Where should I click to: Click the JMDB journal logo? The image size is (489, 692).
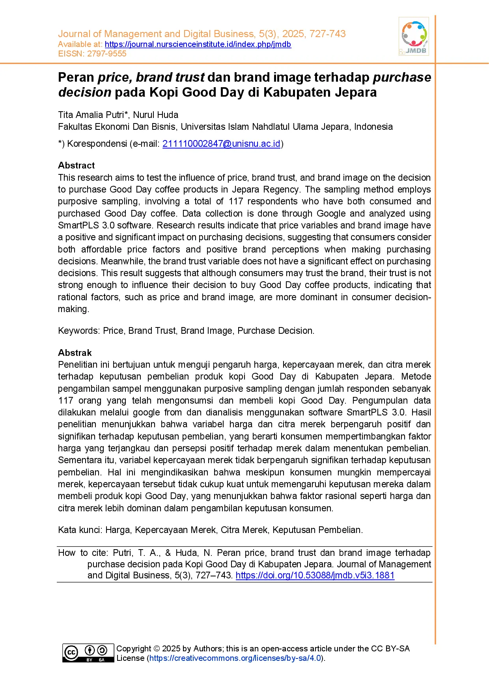pos(414,36)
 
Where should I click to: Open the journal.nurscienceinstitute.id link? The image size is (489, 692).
pos(198,44)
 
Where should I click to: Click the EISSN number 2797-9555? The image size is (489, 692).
pos(106,54)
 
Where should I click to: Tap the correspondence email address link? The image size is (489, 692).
pos(221,144)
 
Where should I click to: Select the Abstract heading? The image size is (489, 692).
pos(76,165)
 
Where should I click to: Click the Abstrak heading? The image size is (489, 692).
pos(75,353)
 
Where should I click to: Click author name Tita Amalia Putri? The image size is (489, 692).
pos(91,115)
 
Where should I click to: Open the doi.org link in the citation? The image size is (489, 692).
pos(315,575)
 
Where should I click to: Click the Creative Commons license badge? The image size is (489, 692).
pos(88,653)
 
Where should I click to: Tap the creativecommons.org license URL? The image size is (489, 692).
pos(235,658)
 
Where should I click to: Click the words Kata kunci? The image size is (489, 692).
pos(80,530)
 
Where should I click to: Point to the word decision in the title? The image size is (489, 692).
pos(85,92)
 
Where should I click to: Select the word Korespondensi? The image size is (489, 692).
pos(97,144)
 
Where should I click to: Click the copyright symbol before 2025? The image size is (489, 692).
pos(157,649)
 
